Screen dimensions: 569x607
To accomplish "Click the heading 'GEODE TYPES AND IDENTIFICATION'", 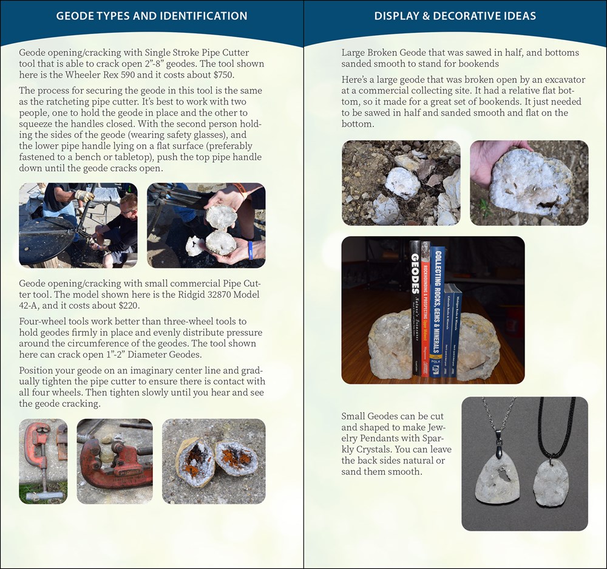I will point(152,16).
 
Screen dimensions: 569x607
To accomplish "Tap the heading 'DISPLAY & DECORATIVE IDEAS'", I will point(455,16).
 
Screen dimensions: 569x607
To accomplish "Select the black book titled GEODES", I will point(415,307).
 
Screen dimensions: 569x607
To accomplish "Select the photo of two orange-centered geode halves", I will point(214,462).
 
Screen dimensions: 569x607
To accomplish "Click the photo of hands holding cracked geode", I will point(206,225).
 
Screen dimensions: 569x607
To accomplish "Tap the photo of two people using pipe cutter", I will point(78,225).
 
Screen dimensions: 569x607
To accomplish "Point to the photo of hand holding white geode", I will point(529,183).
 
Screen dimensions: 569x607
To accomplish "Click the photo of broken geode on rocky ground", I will point(401,183).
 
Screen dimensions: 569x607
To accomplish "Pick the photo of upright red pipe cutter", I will point(43,462).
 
